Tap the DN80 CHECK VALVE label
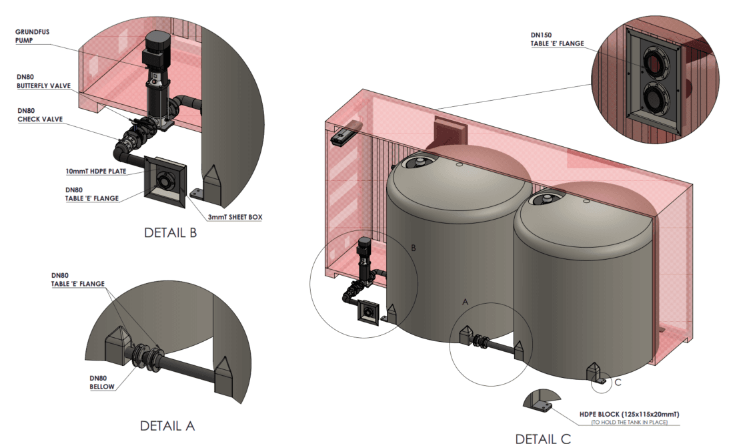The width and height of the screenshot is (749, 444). tap(39, 115)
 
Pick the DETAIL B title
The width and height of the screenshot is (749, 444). tap(170, 233)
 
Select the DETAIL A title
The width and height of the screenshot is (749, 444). tap(167, 425)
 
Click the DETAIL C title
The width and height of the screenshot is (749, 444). tap(543, 438)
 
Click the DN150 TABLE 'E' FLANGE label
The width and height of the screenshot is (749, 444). tap(556, 39)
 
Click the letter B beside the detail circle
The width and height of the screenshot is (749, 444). tap(414, 248)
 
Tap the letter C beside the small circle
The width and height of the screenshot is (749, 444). tap(618, 382)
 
